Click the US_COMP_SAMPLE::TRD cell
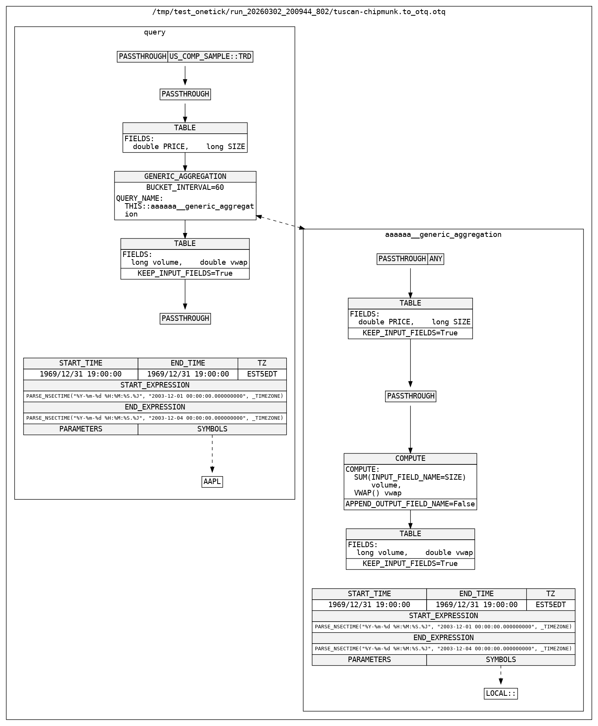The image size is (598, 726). click(210, 56)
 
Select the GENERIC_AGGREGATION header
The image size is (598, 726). click(185, 176)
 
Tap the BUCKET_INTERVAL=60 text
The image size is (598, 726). click(185, 187)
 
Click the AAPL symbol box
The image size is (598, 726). click(212, 482)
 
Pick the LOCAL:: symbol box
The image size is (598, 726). click(501, 693)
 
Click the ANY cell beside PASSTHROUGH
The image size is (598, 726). click(436, 259)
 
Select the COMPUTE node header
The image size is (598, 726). click(410, 459)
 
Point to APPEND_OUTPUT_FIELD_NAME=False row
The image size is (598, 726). click(410, 504)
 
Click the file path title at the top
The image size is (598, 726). click(299, 12)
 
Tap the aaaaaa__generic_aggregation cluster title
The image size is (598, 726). click(443, 235)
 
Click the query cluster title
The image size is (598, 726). click(154, 32)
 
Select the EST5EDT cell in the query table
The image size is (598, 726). click(262, 374)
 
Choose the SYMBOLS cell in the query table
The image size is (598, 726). click(212, 429)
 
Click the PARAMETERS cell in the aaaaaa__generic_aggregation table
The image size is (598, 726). click(369, 660)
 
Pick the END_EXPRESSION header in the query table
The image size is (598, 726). click(154, 407)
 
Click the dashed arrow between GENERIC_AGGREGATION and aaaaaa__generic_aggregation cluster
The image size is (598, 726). click(280, 222)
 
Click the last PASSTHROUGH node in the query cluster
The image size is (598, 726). click(185, 318)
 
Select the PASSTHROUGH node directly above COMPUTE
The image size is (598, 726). click(411, 396)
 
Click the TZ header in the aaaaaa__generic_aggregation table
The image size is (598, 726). click(551, 594)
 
